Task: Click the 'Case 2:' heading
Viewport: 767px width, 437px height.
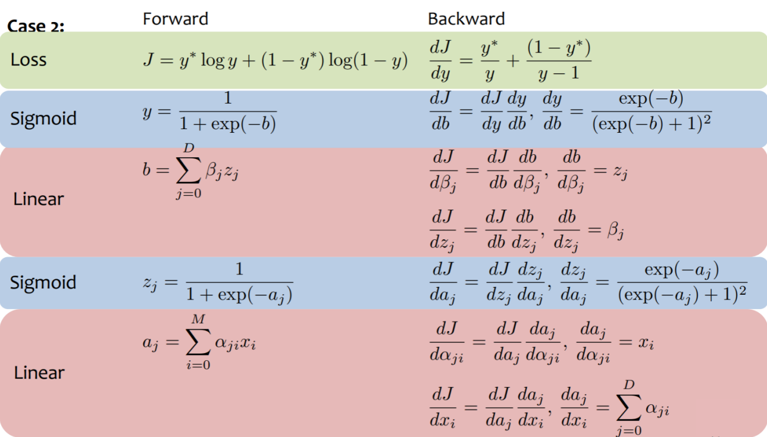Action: click(36, 27)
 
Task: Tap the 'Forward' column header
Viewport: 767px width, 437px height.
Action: click(176, 19)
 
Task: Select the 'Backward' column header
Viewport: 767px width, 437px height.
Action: click(466, 19)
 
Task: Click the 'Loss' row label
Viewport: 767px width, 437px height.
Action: click(28, 60)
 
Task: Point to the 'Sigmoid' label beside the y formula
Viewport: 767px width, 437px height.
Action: click(43, 118)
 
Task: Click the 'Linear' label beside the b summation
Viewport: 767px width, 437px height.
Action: click(38, 199)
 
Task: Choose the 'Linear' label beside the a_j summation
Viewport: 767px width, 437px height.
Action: click(39, 373)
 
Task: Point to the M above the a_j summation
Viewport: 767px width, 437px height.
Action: click(198, 320)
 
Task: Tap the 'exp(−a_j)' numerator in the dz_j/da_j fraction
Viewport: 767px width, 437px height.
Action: click(682, 270)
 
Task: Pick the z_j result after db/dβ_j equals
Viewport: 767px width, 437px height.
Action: click(621, 173)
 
